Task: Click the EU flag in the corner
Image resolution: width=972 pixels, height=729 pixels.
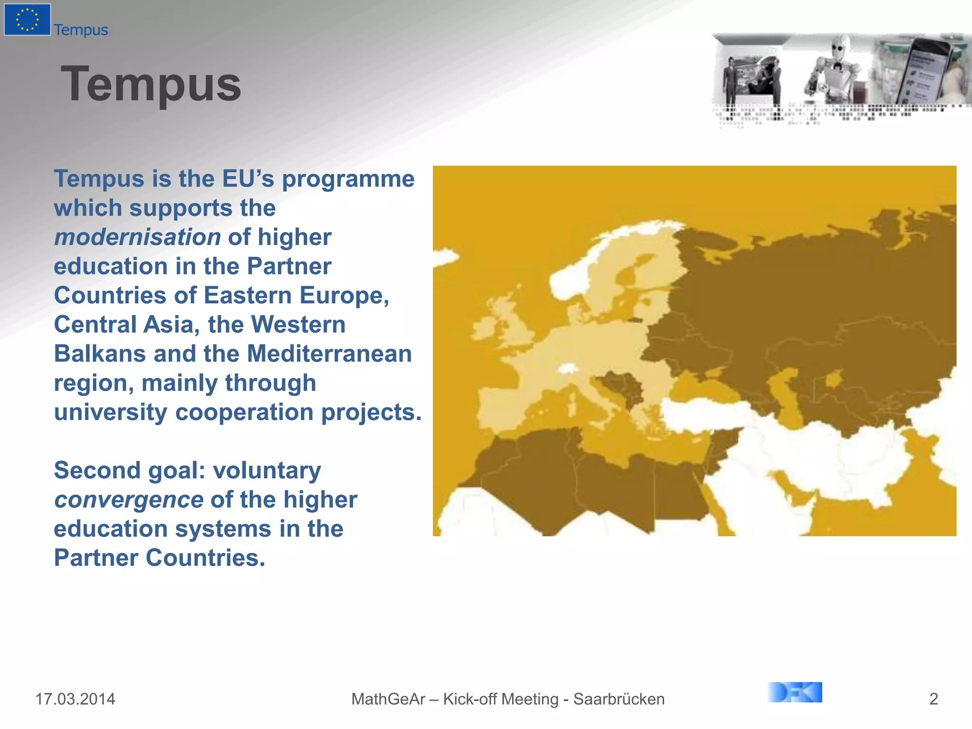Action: (27, 19)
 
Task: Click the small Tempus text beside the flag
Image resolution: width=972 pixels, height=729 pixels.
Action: (81, 30)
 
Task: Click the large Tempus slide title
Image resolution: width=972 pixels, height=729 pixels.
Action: (151, 84)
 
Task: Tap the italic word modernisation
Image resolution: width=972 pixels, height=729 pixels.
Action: (137, 237)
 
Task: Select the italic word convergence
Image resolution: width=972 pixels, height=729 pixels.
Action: (129, 500)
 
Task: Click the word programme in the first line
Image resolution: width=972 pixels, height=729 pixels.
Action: (348, 179)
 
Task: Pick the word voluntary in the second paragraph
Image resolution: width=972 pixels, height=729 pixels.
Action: (267, 470)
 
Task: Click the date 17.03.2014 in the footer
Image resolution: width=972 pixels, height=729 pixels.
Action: (75, 699)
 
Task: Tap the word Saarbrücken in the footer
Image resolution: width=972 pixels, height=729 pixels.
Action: (619, 699)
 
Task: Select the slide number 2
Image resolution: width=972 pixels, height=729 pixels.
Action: (933, 699)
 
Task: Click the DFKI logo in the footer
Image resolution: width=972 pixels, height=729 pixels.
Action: (795, 692)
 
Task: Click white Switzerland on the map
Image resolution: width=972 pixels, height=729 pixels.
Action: (567, 369)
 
